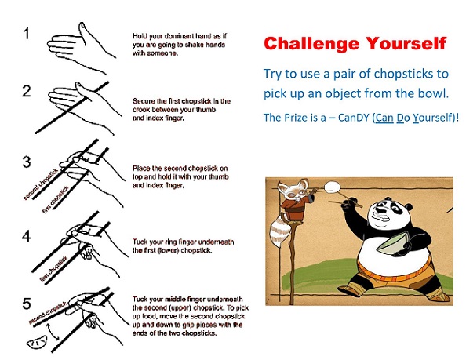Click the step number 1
tap(27, 33)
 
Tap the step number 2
tap(27, 91)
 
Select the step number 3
tap(27, 162)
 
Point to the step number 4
tap(27, 236)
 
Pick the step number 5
tap(27, 304)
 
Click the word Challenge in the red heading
tap(311, 45)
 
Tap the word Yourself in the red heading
tap(406, 43)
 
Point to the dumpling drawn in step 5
tap(37, 342)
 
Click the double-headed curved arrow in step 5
tap(53, 332)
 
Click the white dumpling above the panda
tap(332, 187)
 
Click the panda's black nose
tap(379, 211)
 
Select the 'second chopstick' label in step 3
tap(42, 184)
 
